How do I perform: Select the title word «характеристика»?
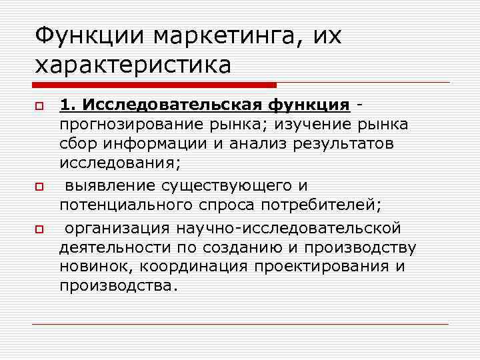(x=133, y=65)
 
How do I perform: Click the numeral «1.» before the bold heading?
(x=68, y=105)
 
